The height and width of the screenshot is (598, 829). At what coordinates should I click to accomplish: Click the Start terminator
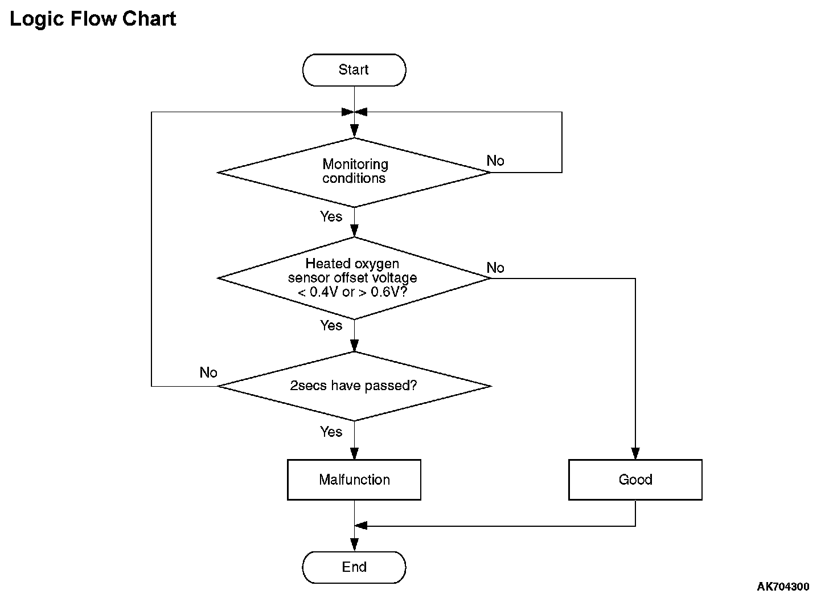pyautogui.click(x=354, y=70)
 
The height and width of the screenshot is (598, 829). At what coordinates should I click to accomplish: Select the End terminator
pyautogui.click(x=354, y=567)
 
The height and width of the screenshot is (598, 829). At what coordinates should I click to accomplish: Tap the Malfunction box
pyautogui.click(x=354, y=480)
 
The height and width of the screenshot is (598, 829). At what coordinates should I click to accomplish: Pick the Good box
pyautogui.click(x=635, y=480)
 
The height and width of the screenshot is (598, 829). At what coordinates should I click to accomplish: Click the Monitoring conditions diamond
pyautogui.click(x=354, y=173)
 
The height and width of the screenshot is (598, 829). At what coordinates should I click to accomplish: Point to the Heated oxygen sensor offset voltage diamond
pyautogui.click(x=354, y=278)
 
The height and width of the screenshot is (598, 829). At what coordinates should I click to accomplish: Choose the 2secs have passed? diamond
pyautogui.click(x=354, y=386)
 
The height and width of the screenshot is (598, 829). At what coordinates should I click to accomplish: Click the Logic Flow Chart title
pyautogui.click(x=93, y=19)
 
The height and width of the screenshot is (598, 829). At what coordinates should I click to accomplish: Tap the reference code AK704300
pyautogui.click(x=783, y=587)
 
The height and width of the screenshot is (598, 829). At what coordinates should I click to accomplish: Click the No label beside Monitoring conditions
pyautogui.click(x=495, y=161)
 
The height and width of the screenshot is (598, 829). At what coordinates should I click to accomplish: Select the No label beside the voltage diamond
pyautogui.click(x=495, y=268)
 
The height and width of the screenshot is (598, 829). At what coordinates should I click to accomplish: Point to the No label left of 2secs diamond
pyautogui.click(x=208, y=372)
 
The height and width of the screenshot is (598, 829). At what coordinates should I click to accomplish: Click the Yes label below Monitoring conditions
pyautogui.click(x=331, y=216)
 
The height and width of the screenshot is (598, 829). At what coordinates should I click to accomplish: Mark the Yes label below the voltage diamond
pyautogui.click(x=331, y=325)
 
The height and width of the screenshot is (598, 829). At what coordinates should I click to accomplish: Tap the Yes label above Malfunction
pyautogui.click(x=331, y=432)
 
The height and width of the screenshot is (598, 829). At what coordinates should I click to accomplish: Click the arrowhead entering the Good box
pyautogui.click(x=635, y=453)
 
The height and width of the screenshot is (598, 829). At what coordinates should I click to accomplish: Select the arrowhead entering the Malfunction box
pyautogui.click(x=354, y=453)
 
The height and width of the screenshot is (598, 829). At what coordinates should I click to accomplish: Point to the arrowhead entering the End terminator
pyautogui.click(x=354, y=545)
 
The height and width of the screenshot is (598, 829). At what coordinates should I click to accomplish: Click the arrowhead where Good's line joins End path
pyautogui.click(x=361, y=526)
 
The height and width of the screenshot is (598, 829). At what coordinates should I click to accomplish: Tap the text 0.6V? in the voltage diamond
pyautogui.click(x=388, y=292)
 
